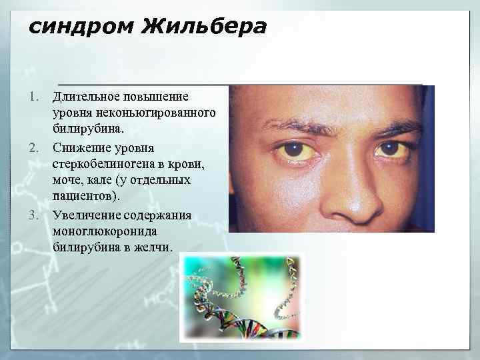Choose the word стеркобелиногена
105,163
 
